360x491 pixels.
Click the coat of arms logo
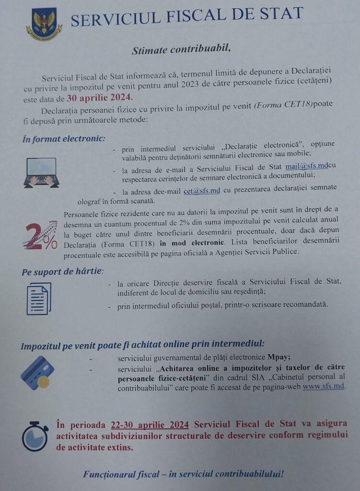pyautogui.click(x=44, y=23)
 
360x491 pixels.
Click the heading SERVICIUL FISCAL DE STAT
pyautogui.click(x=187, y=18)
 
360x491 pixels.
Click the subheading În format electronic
pyautogui.click(x=63, y=139)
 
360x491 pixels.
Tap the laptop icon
pyautogui.click(x=42, y=172)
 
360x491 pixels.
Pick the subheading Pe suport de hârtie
pyautogui.click(x=62, y=272)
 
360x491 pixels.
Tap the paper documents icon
pyautogui.click(x=38, y=298)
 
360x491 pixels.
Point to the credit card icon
pyautogui.click(x=37, y=373)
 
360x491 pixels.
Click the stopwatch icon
pyautogui.click(x=35, y=436)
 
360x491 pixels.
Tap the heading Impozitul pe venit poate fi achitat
pyautogui.click(x=142, y=345)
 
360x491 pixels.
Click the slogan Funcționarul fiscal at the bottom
pyautogui.click(x=183, y=475)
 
